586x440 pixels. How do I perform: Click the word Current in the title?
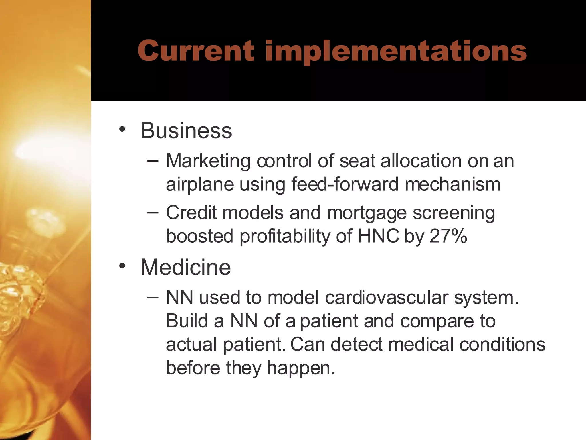(196, 51)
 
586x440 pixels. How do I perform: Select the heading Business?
(186, 131)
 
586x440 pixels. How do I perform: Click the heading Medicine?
(185, 267)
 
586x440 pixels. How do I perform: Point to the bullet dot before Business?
(122, 130)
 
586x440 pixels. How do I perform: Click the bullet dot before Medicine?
(122, 266)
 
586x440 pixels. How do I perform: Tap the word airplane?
(200, 184)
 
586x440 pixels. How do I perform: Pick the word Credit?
(191, 213)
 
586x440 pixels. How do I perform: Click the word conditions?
(502, 344)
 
